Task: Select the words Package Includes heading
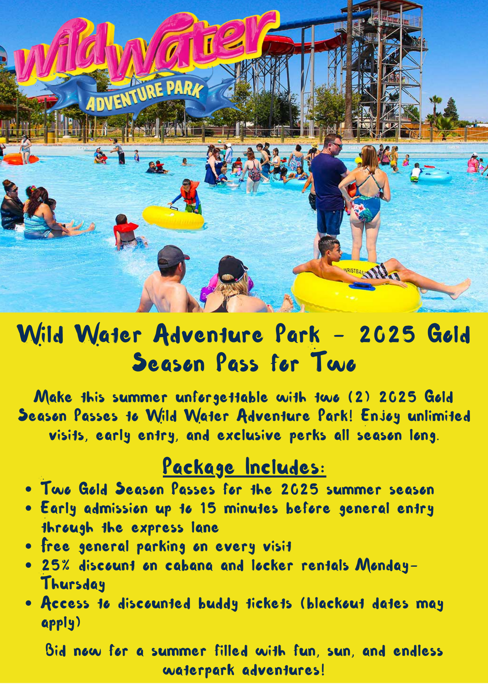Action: coord(244,467)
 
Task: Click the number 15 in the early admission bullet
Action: coord(208,508)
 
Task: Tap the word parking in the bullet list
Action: coord(161,547)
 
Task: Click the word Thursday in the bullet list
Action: coord(73,584)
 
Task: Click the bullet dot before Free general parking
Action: coord(29,546)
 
